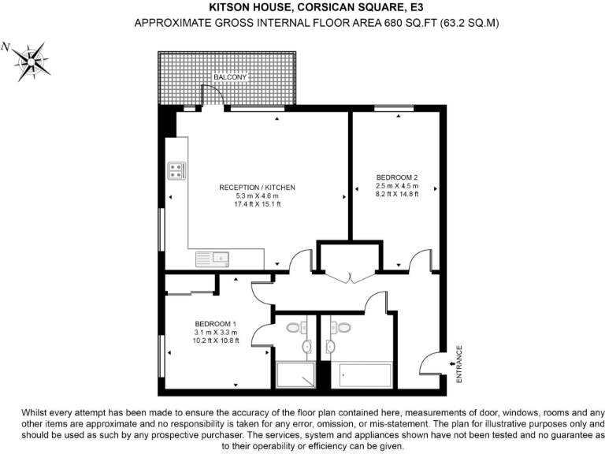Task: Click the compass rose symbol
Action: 32,61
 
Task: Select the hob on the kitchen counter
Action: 176,170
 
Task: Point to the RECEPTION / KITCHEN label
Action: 257,187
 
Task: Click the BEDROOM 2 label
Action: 396,177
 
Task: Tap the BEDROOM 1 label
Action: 216,324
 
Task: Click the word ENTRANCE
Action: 460,364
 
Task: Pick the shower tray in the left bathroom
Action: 295,375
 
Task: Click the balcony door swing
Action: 211,96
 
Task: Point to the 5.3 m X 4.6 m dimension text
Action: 257,195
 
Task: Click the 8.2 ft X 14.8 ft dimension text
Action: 396,195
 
